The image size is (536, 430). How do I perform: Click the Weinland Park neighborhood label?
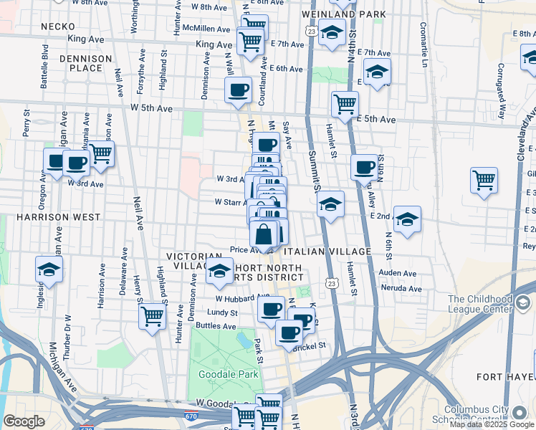344,14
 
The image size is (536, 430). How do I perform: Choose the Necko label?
54,26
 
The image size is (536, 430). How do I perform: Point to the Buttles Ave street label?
215,325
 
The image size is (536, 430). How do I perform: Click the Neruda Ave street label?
401,288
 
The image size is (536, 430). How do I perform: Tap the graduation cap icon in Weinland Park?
332,32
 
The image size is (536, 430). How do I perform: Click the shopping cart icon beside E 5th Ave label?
345,103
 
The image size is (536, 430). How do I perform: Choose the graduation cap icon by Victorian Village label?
219,271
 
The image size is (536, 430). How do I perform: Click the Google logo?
24,421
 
